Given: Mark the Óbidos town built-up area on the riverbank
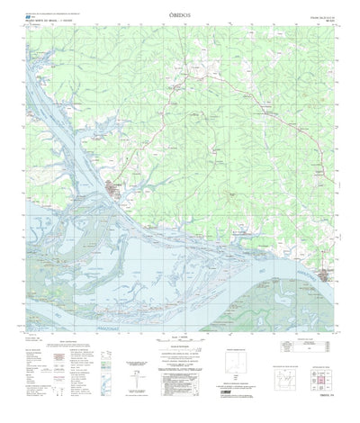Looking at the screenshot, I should (114, 188).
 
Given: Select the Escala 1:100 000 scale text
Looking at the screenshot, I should (179, 335).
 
